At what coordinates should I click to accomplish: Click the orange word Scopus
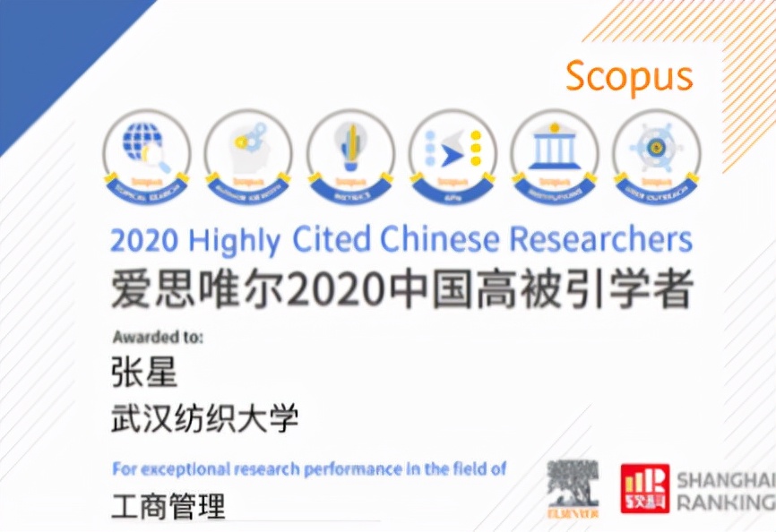pos(629,77)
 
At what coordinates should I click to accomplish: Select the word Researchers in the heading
pos(601,240)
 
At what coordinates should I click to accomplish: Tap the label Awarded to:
pos(158,338)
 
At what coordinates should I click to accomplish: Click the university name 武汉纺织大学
pos(204,418)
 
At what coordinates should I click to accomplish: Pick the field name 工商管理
pos(168,506)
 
